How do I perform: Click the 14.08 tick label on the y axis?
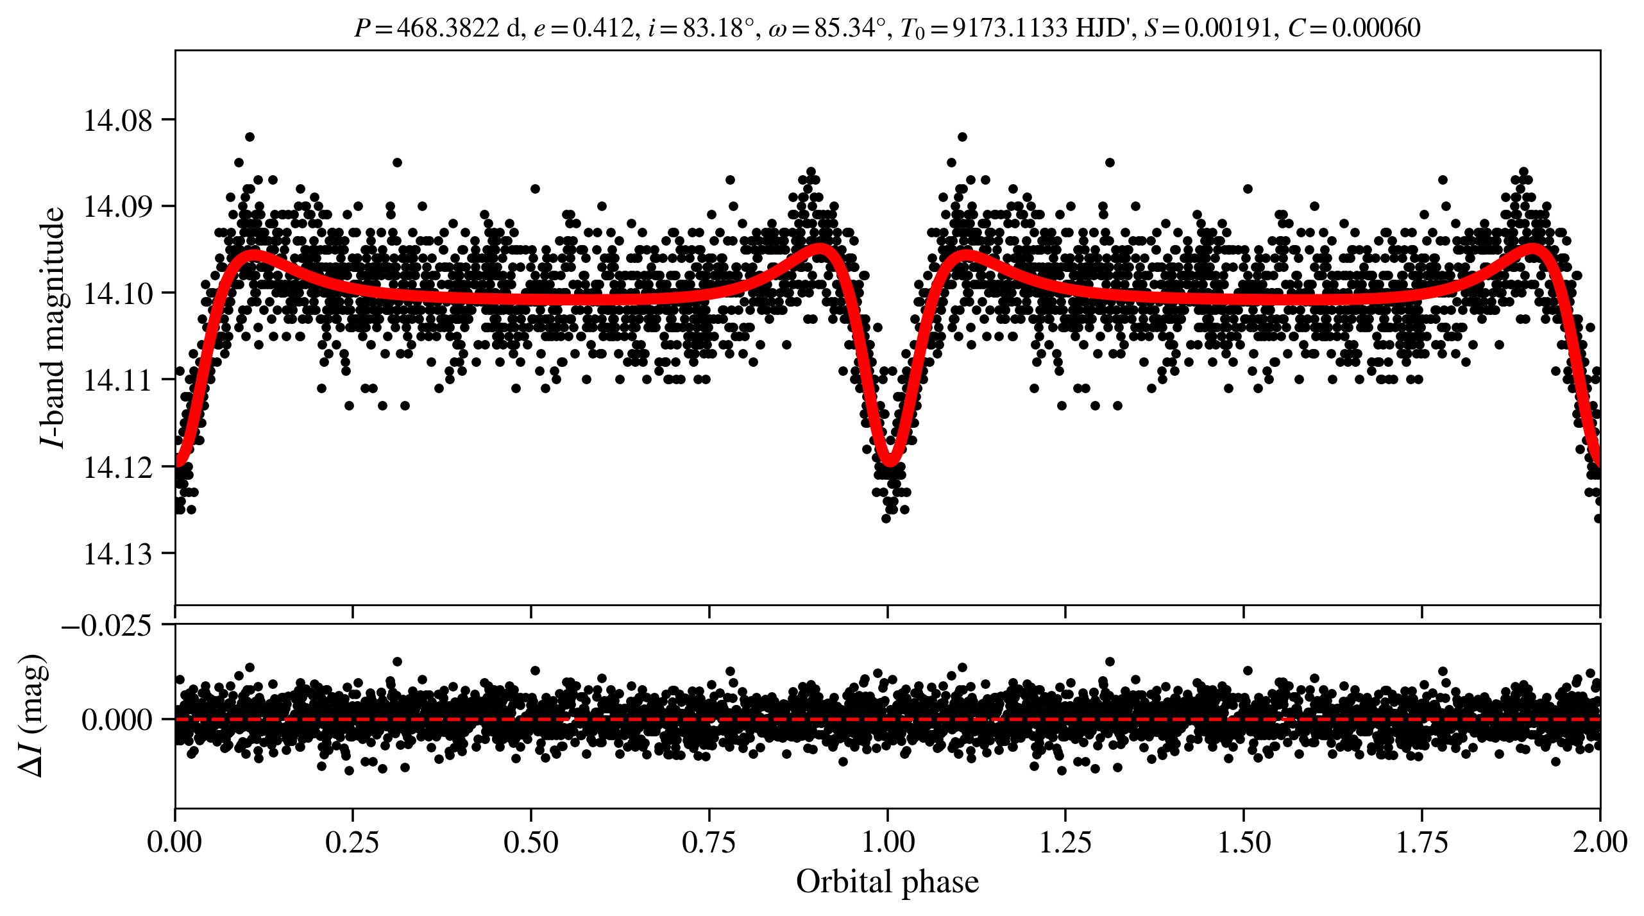[x=118, y=121]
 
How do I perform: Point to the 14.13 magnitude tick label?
[x=118, y=554]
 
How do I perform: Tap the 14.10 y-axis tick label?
[x=118, y=294]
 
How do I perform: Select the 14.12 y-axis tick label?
[x=118, y=468]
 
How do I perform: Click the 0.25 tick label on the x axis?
[x=352, y=842]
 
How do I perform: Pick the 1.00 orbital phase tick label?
[x=887, y=842]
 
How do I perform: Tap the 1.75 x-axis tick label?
[x=1421, y=842]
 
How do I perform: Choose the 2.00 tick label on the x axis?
[x=1600, y=842]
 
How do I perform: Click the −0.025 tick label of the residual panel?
[x=106, y=625]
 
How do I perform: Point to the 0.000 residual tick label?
[x=117, y=720]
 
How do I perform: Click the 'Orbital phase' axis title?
[x=887, y=882]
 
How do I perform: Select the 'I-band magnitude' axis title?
[x=53, y=327]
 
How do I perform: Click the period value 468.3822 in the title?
[x=447, y=28]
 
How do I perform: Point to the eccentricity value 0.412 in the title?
[x=602, y=28]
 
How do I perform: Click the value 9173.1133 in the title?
[x=1010, y=28]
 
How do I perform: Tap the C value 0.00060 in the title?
[x=1377, y=28]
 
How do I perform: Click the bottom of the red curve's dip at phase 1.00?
[x=890, y=462]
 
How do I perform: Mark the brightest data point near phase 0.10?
[x=250, y=137]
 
